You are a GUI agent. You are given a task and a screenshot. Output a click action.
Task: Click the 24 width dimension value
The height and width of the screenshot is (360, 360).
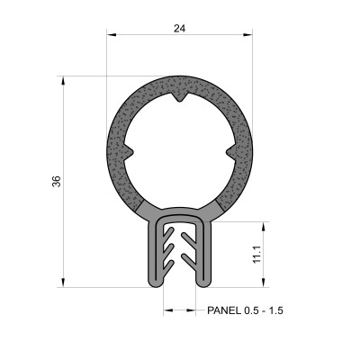tap(180, 28)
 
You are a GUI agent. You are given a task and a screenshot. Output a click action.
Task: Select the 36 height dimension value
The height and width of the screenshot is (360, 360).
tap(57, 181)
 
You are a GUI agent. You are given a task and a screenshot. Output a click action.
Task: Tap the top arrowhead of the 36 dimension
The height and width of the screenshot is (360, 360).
tap(64, 80)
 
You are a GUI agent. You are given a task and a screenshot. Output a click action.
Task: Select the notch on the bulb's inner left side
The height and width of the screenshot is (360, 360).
tap(130, 148)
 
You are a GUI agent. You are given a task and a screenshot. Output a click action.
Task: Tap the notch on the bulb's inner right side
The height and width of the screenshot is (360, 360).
tap(229, 148)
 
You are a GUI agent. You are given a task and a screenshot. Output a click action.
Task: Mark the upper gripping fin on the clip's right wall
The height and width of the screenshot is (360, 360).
tap(192, 239)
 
